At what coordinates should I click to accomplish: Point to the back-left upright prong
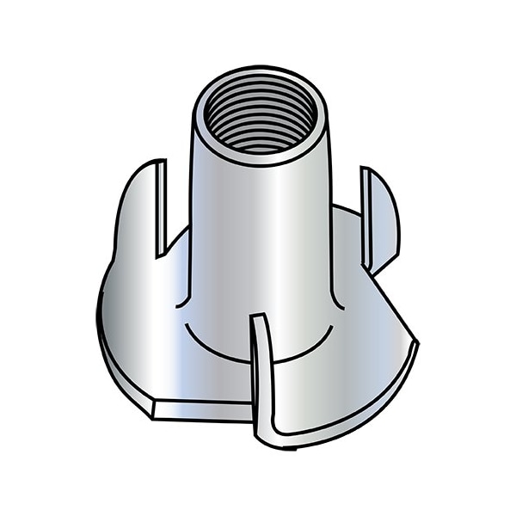click(x=138, y=206)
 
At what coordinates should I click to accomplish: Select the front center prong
click(x=262, y=378)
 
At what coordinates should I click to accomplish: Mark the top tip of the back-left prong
click(x=162, y=162)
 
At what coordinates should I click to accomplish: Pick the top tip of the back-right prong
click(x=365, y=169)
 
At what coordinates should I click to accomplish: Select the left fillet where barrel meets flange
click(x=182, y=301)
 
